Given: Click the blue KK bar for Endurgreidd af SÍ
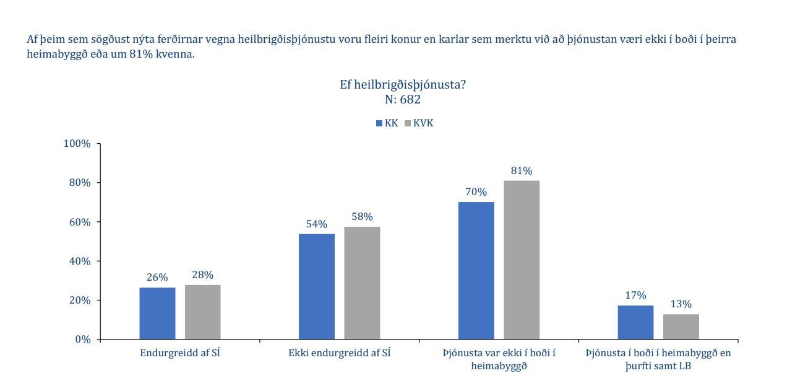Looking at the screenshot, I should tap(157, 313).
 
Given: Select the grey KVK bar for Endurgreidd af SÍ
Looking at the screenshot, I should tap(202, 312).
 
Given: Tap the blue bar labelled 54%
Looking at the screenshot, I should tap(316, 286).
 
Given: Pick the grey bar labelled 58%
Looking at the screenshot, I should tap(362, 283).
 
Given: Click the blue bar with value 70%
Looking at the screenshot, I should tap(476, 270).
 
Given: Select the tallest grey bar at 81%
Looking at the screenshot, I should tap(521, 260).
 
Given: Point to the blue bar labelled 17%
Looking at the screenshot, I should tap(635, 322).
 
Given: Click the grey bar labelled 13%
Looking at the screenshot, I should tap(681, 327).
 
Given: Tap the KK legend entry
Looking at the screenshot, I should tap(387, 123).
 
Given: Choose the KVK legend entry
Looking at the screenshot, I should tap(419, 123).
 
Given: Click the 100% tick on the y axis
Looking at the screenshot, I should tap(77, 144).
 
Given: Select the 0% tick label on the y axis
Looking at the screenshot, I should tap(82, 340).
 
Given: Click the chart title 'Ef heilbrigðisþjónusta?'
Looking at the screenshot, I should tap(402, 85).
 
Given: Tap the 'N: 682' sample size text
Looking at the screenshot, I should tap(402, 99).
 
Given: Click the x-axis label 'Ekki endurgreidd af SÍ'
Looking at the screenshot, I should tap(340, 353).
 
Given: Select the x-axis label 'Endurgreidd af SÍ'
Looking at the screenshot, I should tap(180, 353).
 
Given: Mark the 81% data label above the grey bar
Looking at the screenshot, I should tap(521, 171).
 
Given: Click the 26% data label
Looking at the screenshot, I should tap(157, 278).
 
